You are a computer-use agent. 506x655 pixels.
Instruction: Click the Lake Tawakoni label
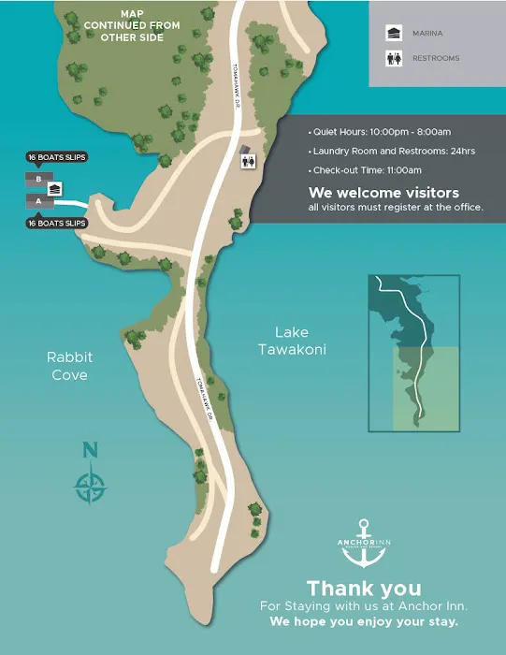[291, 341]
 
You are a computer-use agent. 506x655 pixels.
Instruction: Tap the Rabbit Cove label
[70, 366]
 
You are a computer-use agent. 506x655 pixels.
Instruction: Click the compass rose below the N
[91, 487]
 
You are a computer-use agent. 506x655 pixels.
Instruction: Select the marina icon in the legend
[394, 33]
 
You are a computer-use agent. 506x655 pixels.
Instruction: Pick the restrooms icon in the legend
[394, 58]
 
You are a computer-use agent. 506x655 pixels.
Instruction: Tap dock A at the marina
[38, 200]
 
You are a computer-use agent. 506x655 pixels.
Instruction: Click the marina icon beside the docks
[55, 189]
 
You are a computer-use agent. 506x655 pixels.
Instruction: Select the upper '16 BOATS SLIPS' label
[57, 157]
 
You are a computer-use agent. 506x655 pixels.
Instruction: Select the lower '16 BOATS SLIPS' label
[57, 224]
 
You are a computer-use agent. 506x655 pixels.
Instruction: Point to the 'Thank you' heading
[364, 589]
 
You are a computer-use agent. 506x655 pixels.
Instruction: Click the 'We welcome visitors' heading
[383, 193]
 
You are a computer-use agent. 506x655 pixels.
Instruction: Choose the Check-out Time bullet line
[366, 170]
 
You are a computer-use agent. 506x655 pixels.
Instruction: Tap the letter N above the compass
[90, 450]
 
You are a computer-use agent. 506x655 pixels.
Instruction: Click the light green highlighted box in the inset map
[426, 389]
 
